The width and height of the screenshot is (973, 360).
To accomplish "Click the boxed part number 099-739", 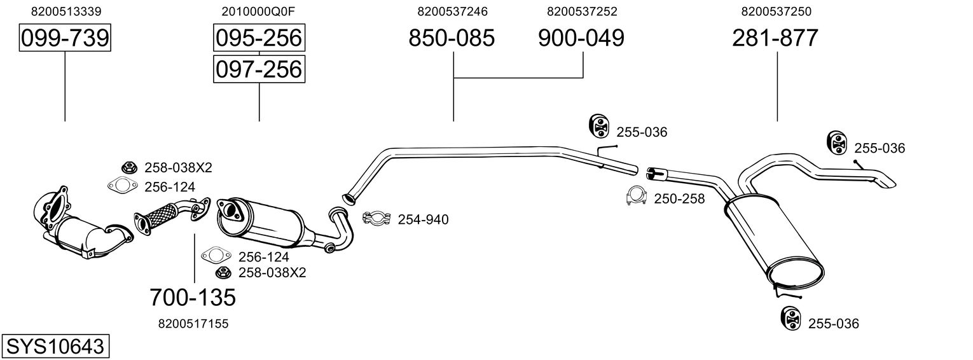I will pos(65,38).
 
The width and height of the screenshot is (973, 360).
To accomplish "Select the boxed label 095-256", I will pos(259,38).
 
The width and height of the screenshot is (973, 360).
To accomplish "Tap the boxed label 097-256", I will pos(259,69).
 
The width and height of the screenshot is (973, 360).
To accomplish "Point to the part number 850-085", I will pos(452,38).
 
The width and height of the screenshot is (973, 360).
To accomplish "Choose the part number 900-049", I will pos(581,38).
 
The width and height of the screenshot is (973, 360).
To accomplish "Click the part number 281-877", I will pos(775,38).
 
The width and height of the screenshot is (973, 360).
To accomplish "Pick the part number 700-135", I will pos(193,296).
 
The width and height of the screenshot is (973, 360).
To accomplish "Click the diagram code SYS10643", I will pos(55,347).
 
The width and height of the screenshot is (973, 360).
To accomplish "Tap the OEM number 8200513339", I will pos(66,11).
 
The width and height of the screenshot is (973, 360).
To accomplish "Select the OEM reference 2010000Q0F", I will pos(259,11).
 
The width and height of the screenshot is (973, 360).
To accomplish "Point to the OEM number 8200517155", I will pos(193,324).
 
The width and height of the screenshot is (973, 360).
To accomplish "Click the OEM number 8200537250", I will pos(776,11).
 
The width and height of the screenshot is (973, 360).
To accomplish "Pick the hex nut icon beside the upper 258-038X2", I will pos(129,168).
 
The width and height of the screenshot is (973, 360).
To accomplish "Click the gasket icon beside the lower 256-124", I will pos(214,256).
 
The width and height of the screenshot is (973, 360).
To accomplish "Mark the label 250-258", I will pos(679,198).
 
